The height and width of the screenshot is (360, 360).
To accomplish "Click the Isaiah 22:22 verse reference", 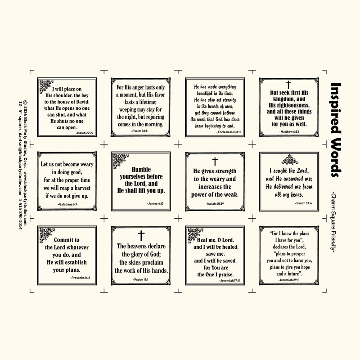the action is (x=85, y=133).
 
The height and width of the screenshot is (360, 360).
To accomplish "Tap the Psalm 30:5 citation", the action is (x=139, y=131).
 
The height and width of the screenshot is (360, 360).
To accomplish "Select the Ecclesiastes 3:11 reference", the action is (x=229, y=132).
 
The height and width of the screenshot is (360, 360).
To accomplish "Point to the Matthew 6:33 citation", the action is (x=289, y=132).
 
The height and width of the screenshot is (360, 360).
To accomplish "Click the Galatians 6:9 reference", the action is (x=67, y=204).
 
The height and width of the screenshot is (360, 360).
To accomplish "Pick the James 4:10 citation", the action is (x=155, y=203).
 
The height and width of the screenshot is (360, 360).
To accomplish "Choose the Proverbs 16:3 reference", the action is (x=80, y=278).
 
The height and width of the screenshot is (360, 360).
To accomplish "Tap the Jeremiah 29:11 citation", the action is (x=288, y=280).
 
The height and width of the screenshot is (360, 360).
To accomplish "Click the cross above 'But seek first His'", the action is (x=288, y=85).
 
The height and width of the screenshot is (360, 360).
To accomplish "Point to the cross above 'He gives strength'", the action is (x=215, y=162).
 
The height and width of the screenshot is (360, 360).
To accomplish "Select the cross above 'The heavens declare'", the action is (x=141, y=236).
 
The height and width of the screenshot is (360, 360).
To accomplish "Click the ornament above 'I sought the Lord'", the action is (x=290, y=160).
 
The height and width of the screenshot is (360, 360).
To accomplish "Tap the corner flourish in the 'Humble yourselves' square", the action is (x=120, y=161).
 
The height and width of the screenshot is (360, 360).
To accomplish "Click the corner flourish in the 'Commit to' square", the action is (x=47, y=235).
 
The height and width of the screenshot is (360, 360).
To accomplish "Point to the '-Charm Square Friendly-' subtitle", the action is (x=333, y=223).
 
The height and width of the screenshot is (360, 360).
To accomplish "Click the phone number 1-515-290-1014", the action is (x=20, y=214).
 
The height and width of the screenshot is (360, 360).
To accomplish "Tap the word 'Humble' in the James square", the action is (x=141, y=170).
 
